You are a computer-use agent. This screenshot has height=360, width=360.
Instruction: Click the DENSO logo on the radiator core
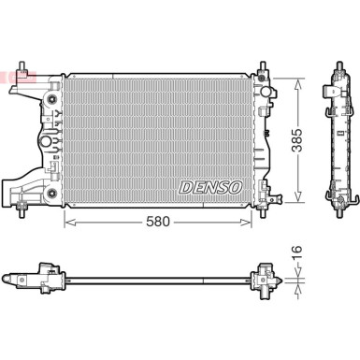(210, 187)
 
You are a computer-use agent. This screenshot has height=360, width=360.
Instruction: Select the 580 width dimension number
(158, 222)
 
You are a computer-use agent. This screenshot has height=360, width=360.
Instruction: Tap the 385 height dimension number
(297, 140)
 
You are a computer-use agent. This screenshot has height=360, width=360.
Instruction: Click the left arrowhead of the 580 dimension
(69, 222)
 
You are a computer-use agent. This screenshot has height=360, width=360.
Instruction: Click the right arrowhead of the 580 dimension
(246, 222)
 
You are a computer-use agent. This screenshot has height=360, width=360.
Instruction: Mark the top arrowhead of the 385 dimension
(298, 84)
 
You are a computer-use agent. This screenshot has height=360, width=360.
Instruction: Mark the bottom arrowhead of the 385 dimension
(298, 195)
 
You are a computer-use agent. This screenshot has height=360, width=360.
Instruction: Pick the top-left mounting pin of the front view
(22, 66)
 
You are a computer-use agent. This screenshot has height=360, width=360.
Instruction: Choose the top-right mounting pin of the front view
(263, 66)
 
